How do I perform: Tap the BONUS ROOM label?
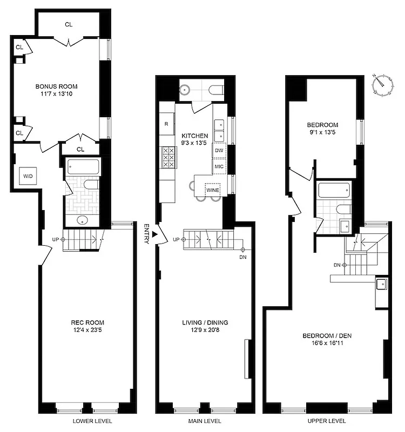(x=57, y=86)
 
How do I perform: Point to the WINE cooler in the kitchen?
(x=213, y=190)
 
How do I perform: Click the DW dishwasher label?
(x=219, y=151)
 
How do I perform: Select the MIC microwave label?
(x=219, y=167)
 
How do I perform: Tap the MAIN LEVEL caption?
(x=205, y=421)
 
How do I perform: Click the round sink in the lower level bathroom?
(x=82, y=220)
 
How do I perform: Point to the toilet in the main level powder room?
(x=215, y=89)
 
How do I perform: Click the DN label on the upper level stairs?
(x=337, y=265)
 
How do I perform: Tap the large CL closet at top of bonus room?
(x=69, y=24)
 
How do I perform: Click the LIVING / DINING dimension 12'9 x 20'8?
(x=205, y=330)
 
